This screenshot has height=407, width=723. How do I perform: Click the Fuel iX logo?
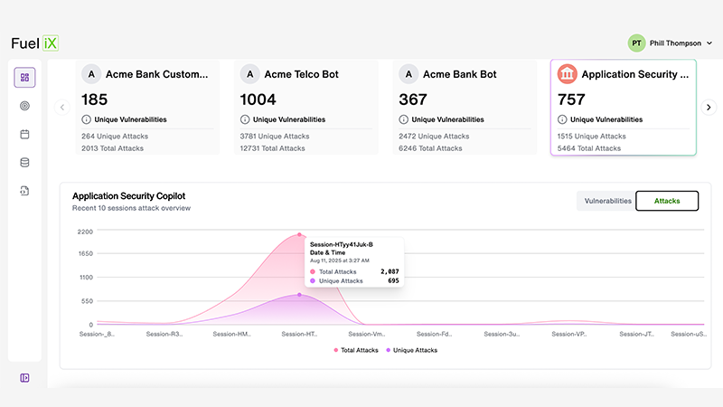click(x=34, y=43)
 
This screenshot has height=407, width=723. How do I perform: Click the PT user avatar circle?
click(x=636, y=43)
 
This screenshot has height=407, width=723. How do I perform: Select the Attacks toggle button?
click(x=667, y=201)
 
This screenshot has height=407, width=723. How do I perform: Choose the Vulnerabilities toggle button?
click(x=607, y=201)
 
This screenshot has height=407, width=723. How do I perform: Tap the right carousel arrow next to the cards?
click(x=709, y=107)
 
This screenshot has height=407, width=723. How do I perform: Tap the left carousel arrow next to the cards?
click(x=62, y=107)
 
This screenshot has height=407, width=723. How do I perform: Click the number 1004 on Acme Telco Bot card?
click(x=258, y=99)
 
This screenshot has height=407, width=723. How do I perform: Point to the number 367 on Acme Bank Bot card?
click(x=414, y=99)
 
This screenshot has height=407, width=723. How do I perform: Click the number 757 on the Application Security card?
click(x=571, y=99)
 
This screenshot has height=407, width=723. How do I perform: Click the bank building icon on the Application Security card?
click(x=568, y=74)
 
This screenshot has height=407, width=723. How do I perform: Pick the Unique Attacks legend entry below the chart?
click(x=411, y=350)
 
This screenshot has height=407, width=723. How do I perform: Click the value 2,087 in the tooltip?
click(x=389, y=271)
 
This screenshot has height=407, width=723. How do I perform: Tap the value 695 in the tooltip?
click(x=392, y=281)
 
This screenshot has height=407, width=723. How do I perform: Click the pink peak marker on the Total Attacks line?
click(x=299, y=234)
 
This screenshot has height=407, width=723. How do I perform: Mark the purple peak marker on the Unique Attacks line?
click(x=299, y=295)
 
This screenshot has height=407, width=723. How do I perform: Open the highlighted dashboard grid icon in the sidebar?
click(x=24, y=78)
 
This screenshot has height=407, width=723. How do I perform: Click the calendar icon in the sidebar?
click(x=24, y=134)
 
